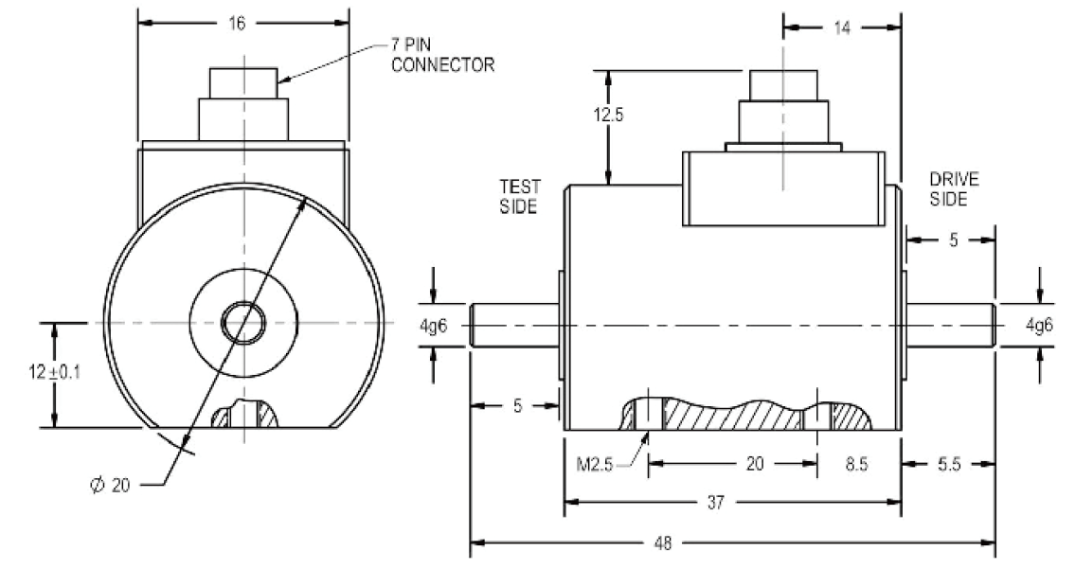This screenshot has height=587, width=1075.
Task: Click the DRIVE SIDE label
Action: (954, 188)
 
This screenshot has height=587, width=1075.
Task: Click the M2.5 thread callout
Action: (600, 464)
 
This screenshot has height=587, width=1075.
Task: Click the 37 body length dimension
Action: (715, 504)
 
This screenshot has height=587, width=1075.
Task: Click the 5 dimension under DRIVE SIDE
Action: (952, 240)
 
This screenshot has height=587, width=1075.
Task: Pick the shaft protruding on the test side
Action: (513, 325)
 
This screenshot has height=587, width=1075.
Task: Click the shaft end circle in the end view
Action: (243, 323)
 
